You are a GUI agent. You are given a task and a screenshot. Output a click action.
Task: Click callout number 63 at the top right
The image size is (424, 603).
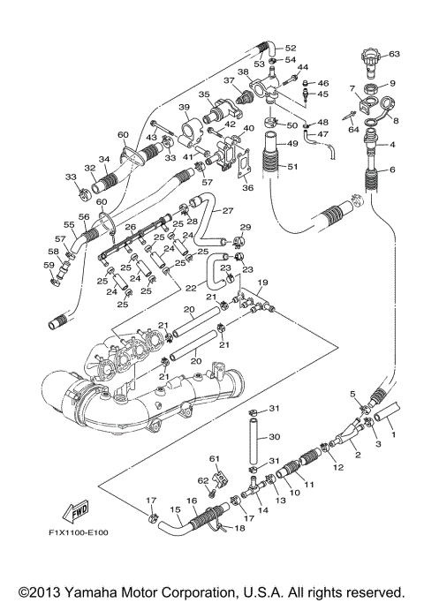click(394, 54)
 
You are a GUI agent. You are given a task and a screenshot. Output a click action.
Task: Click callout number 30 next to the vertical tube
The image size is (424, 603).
click(274, 436)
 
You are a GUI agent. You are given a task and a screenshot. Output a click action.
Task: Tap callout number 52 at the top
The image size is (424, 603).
click(291, 48)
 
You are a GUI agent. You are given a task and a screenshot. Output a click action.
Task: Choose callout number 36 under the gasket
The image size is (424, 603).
click(247, 186)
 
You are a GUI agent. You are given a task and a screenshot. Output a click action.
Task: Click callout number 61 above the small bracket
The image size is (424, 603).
click(214, 459)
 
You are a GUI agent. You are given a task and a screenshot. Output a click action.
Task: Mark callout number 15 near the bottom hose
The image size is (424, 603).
click(175, 509)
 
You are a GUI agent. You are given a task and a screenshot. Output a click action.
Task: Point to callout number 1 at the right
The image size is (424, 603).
click(394, 434)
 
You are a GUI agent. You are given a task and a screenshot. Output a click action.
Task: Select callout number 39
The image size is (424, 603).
click(185, 108)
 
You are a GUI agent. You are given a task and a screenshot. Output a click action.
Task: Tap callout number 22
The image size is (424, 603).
click(190, 288)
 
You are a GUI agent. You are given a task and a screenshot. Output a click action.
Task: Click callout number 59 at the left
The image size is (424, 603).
click(49, 264)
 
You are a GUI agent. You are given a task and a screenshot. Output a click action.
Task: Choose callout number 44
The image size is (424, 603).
click(302, 67)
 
